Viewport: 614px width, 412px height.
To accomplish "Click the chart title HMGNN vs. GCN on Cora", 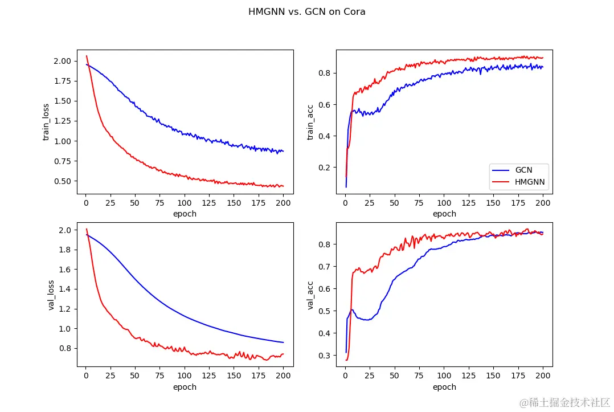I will click(306, 11).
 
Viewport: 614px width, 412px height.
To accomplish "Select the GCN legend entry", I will click(523, 169).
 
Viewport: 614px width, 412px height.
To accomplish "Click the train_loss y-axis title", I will click(46, 121).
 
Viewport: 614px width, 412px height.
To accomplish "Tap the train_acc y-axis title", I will click(310, 121).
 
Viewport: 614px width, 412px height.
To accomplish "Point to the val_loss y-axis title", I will click(51, 295).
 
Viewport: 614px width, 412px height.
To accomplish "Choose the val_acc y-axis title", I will click(310, 295).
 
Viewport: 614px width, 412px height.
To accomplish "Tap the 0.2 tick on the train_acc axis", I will click(324, 168).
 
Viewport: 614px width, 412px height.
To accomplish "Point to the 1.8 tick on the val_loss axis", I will click(65, 250).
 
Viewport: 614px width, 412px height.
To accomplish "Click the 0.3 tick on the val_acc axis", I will click(324, 356).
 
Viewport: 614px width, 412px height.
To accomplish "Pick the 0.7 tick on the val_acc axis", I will click(324, 267).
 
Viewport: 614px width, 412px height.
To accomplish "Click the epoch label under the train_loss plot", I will click(185, 214).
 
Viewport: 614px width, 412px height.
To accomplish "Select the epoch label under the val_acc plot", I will click(444, 387).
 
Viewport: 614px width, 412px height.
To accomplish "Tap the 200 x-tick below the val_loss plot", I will click(283, 376).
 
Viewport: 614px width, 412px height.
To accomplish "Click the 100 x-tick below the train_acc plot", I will click(444, 203).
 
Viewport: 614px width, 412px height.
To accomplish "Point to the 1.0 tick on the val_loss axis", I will click(65, 329).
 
